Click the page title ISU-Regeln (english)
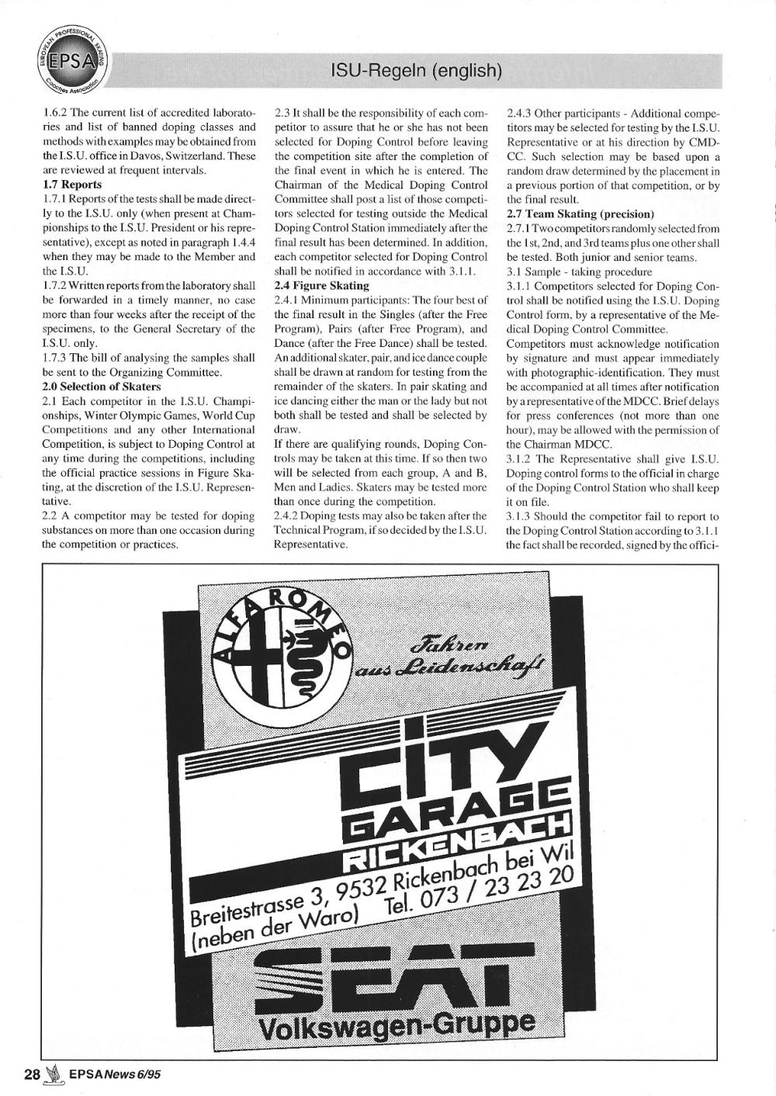pyautogui.click(x=417, y=71)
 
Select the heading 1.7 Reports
pyautogui.click(x=71, y=185)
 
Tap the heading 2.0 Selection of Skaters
pyautogui.click(x=102, y=387)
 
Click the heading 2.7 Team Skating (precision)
pyautogui.click(x=580, y=213)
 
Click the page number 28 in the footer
pyautogui.click(x=32, y=1074)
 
